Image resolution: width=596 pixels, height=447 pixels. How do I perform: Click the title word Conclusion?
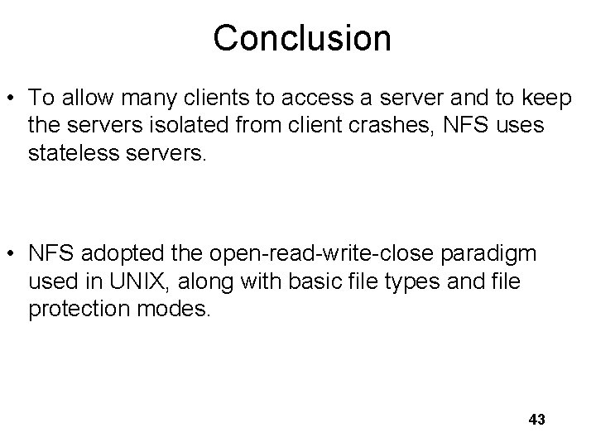[x=301, y=37]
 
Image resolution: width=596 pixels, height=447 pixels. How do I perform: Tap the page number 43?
[x=536, y=420]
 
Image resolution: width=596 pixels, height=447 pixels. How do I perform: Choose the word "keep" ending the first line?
[x=547, y=99]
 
